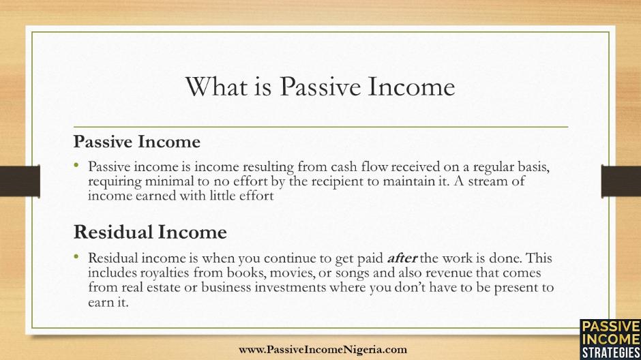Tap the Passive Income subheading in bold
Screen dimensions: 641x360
[x=137, y=142]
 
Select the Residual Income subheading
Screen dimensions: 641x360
[x=150, y=232]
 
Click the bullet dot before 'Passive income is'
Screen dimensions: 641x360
[x=76, y=165]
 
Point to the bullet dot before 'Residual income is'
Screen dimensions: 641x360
[x=76, y=256]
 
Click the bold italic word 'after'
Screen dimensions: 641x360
[x=402, y=258]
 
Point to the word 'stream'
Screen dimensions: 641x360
[x=489, y=181]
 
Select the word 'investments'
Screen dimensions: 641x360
[x=290, y=287]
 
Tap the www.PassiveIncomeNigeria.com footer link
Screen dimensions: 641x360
[x=323, y=350]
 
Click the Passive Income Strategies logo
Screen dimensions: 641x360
[x=610, y=340]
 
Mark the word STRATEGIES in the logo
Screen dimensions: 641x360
[x=611, y=352]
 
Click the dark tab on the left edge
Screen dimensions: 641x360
[x=20, y=181]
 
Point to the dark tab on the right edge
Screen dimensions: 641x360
[x=621, y=181]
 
